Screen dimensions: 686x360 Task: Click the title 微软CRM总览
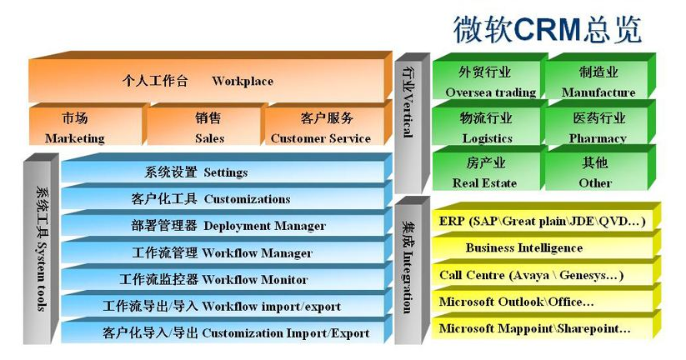click(x=548, y=30)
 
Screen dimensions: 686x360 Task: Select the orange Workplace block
click(x=210, y=77)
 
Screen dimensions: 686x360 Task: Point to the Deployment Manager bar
click(x=226, y=223)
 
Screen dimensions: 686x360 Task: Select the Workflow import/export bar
click(x=226, y=304)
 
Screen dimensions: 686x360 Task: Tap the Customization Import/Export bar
click(x=226, y=331)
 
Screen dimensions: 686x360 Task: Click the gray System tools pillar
click(x=41, y=248)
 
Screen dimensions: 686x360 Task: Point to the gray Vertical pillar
click(x=412, y=123)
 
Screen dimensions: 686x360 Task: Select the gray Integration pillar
click(x=412, y=270)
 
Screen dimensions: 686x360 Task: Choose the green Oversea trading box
click(x=490, y=77)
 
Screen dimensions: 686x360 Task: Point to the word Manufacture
click(x=598, y=92)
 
